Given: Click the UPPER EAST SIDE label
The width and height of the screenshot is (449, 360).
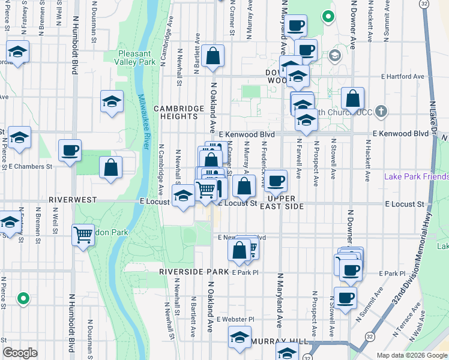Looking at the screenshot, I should (x=285, y=202).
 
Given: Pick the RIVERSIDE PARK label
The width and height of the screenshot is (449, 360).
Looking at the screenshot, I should (x=194, y=272).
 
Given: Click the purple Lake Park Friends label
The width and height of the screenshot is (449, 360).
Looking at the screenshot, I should (x=416, y=177).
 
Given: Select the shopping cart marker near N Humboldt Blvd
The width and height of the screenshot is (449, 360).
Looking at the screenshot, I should (x=83, y=235).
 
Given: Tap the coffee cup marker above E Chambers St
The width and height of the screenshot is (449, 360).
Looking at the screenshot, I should (x=70, y=150).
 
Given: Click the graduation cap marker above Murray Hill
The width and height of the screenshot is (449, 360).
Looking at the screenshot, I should (x=240, y=338).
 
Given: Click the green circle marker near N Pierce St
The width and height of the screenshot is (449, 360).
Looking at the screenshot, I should (x=23, y=298).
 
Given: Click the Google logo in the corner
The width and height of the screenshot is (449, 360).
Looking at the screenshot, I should (x=20, y=353).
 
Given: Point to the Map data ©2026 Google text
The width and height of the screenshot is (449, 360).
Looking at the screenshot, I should (x=411, y=355).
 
